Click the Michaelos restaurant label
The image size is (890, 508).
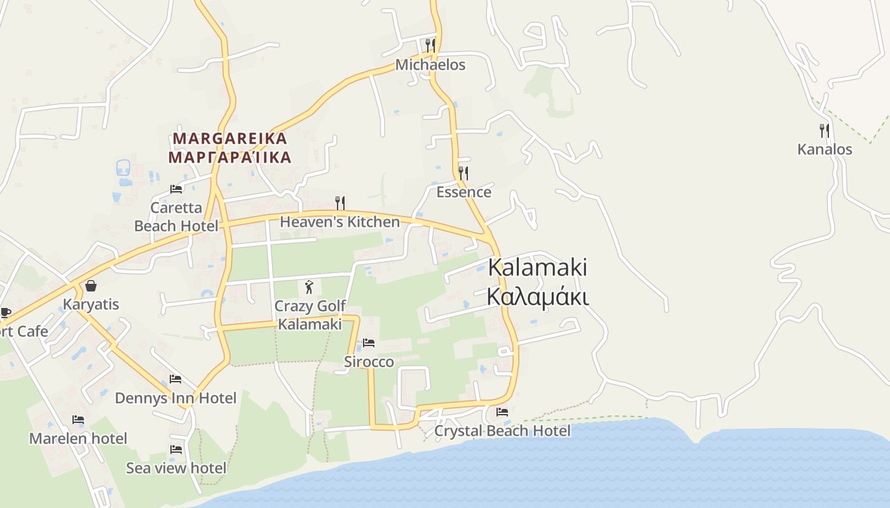click(x=430, y=65)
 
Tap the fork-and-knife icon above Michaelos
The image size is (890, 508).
click(x=430, y=44)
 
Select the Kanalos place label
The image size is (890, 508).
click(x=825, y=149)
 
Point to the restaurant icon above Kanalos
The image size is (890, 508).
click(x=825, y=131)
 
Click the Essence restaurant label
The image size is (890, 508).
click(x=463, y=192)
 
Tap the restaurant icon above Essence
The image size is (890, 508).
click(x=463, y=173)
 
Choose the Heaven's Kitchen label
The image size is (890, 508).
click(x=339, y=222)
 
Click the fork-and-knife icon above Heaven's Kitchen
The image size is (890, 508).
click(x=340, y=203)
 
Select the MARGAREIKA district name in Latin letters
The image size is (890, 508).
click(x=230, y=138)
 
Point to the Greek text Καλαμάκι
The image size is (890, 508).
click(x=538, y=297)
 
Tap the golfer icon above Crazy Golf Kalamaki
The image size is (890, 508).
click(x=310, y=287)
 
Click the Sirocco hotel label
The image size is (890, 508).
click(x=369, y=362)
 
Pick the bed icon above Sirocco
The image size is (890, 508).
click(x=369, y=344)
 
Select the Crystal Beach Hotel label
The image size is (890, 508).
click(x=502, y=431)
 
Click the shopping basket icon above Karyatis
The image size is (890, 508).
click(x=91, y=286)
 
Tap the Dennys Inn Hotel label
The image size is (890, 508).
click(x=175, y=398)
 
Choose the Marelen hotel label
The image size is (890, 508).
click(x=78, y=438)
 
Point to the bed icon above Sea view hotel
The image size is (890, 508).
click(x=176, y=450)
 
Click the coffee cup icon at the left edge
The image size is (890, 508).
click(x=5, y=312)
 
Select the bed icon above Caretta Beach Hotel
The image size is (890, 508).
click(x=176, y=189)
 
